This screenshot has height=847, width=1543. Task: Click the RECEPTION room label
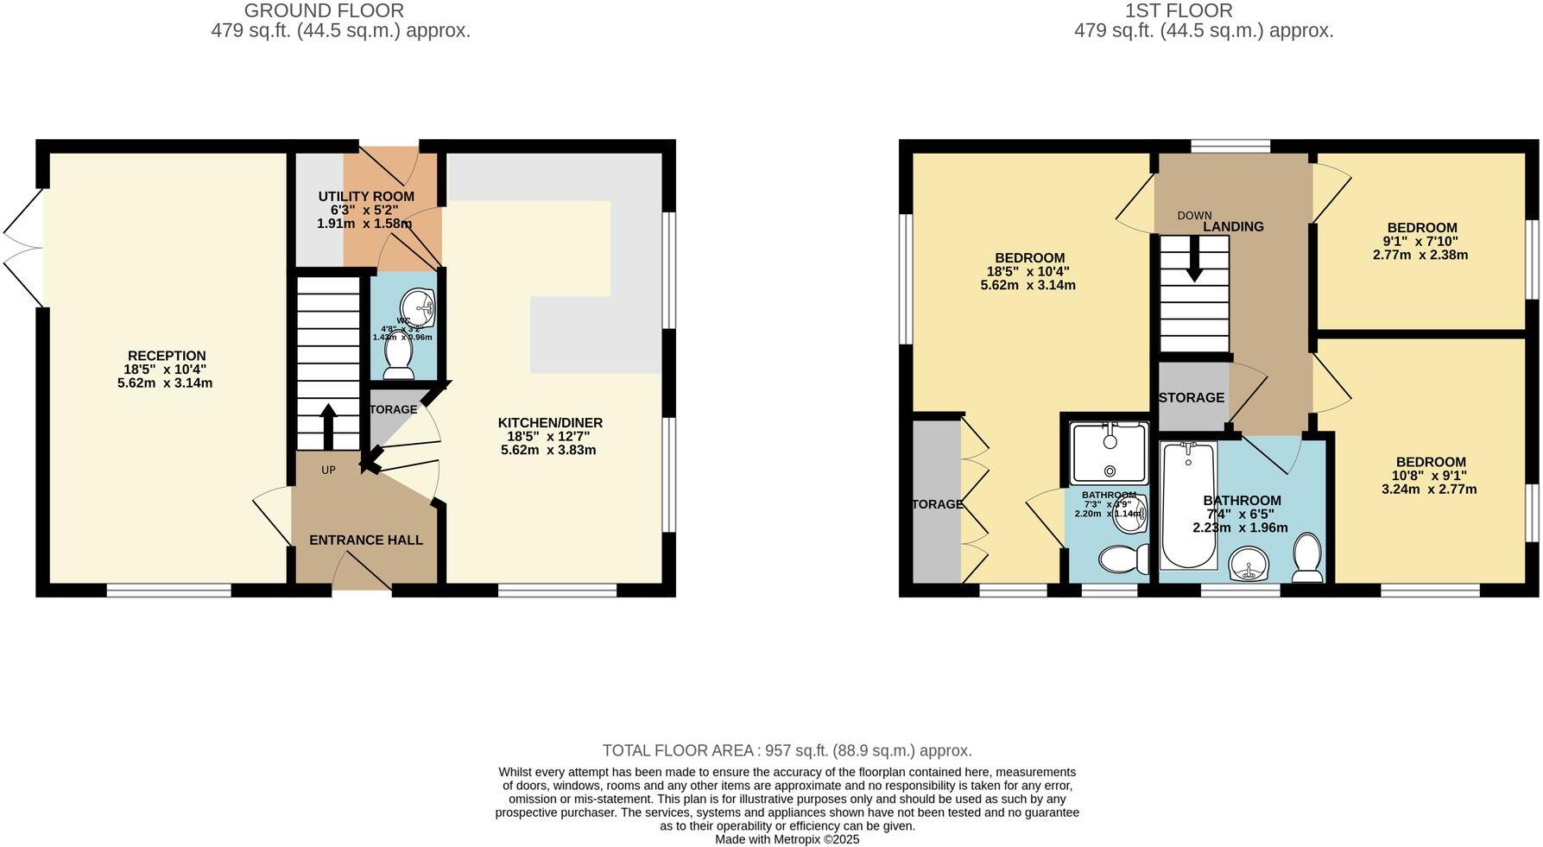(x=167, y=356)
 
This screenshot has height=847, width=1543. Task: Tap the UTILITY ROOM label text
(x=366, y=197)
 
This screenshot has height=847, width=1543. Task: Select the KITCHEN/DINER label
(x=550, y=423)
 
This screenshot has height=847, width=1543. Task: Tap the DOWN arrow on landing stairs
(x=1194, y=258)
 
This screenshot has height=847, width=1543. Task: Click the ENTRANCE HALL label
(x=366, y=540)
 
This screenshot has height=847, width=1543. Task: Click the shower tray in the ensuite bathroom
(x=1110, y=452)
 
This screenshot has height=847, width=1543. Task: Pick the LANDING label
(x=1233, y=227)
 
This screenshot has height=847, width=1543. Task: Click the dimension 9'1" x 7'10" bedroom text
(x=1420, y=242)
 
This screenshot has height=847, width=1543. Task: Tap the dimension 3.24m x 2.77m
(x=1429, y=489)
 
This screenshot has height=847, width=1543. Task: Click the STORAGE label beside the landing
(x=1191, y=398)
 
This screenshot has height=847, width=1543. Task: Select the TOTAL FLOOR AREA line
(x=787, y=751)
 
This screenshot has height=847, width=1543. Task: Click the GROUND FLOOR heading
(x=324, y=11)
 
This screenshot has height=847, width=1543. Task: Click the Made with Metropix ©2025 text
(x=787, y=839)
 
